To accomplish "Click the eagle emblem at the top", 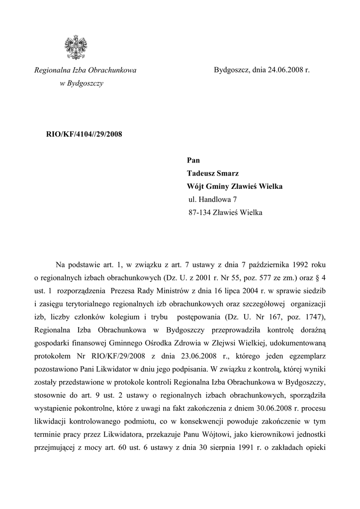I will coord(76,47).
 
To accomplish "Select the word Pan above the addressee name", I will coord(193,160).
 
